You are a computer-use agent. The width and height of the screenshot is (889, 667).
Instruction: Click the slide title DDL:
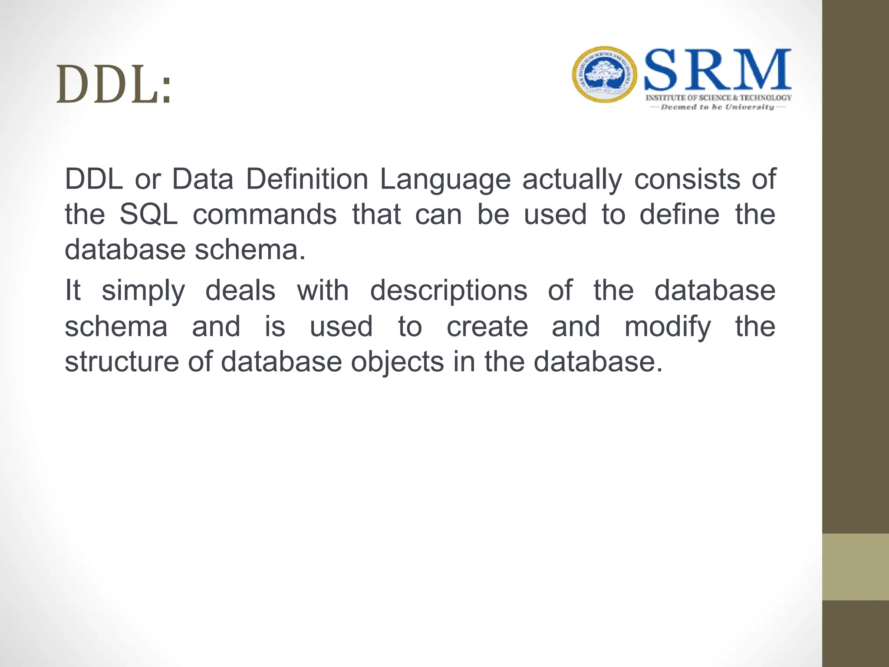coord(114,85)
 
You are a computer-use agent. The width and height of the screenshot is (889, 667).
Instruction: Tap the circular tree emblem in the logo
coord(604,75)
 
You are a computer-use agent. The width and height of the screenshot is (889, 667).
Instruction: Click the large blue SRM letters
coord(718,70)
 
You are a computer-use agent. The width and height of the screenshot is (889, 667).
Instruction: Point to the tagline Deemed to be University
coord(717,107)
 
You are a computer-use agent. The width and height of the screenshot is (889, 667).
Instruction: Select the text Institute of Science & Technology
coord(718,98)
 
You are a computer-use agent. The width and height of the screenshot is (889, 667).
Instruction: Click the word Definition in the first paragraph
coord(307,179)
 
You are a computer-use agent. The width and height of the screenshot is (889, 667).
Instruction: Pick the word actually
coord(572,180)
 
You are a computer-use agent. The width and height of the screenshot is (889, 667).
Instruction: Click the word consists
coord(687,179)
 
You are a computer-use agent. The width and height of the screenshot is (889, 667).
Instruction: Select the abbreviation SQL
coord(149,215)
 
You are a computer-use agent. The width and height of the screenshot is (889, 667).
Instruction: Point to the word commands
coord(265,215)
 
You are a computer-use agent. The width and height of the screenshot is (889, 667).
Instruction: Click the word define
coord(679,215)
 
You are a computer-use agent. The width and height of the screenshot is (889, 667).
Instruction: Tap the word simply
coord(143,291)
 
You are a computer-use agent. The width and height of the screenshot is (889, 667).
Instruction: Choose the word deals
coord(240,291)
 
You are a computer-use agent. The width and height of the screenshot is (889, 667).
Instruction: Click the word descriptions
coord(448,291)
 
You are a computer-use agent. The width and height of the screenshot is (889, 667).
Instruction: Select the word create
coord(487,327)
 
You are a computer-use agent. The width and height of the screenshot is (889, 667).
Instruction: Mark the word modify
coord(668,327)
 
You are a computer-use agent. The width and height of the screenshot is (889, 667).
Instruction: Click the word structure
coord(122,362)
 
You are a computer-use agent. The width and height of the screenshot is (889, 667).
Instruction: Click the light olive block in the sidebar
coord(856,567)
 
